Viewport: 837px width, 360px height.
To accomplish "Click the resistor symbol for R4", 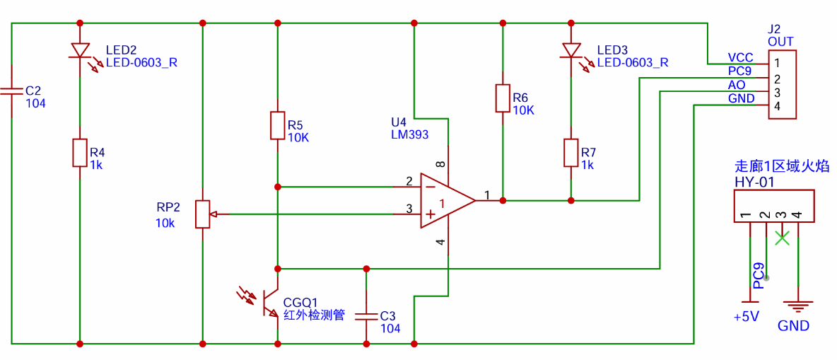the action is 80,153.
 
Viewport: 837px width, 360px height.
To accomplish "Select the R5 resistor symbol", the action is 277,125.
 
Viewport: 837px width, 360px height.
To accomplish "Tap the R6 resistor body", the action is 503,98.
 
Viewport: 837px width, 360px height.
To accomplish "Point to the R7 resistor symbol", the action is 571,153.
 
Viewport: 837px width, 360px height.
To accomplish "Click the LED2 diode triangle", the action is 80,51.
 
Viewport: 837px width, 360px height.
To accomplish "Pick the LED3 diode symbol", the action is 571,51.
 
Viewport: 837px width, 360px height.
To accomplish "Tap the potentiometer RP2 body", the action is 203,214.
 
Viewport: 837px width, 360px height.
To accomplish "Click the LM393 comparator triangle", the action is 447,201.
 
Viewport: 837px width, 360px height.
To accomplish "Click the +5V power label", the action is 747,316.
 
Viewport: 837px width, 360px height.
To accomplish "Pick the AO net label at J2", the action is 736,85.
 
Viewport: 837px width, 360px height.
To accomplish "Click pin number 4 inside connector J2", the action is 777,106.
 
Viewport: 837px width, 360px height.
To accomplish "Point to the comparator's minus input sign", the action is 429,187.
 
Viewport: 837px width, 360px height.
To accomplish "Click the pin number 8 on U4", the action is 441,165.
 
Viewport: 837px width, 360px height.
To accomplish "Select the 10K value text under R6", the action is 524,110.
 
